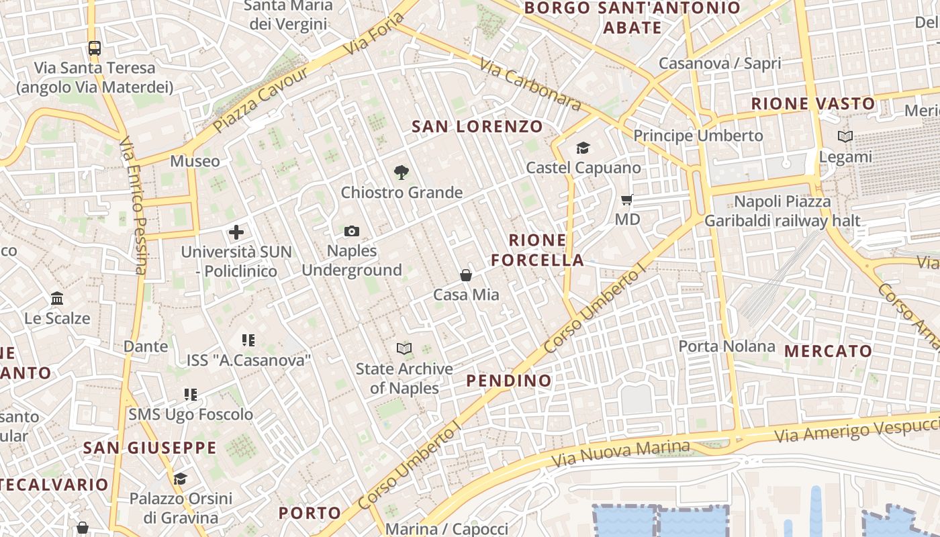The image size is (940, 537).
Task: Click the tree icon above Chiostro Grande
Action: [x=402, y=173]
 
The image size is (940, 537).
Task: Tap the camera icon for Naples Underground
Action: [x=351, y=232]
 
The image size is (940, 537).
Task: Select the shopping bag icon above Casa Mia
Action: [x=466, y=275]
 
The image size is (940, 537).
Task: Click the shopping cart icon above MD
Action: [x=627, y=199]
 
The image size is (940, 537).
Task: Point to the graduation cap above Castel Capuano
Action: [x=583, y=148]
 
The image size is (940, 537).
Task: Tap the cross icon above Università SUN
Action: [x=236, y=233]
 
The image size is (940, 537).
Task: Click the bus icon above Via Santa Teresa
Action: [x=95, y=48]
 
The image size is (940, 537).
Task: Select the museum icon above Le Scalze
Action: [x=57, y=298]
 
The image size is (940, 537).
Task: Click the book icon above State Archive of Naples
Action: [x=404, y=348]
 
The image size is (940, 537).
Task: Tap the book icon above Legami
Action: [x=845, y=137]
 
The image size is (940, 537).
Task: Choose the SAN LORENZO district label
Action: [x=477, y=126]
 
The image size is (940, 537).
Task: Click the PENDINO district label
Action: [x=509, y=381]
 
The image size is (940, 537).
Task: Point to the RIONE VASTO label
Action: [x=813, y=103]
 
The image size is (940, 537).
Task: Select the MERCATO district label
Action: [x=828, y=350]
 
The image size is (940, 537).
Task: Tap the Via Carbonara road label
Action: [x=530, y=83]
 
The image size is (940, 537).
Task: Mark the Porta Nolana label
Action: [x=726, y=346]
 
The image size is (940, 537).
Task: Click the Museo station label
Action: [x=195, y=161]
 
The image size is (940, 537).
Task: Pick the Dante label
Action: [x=146, y=346]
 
